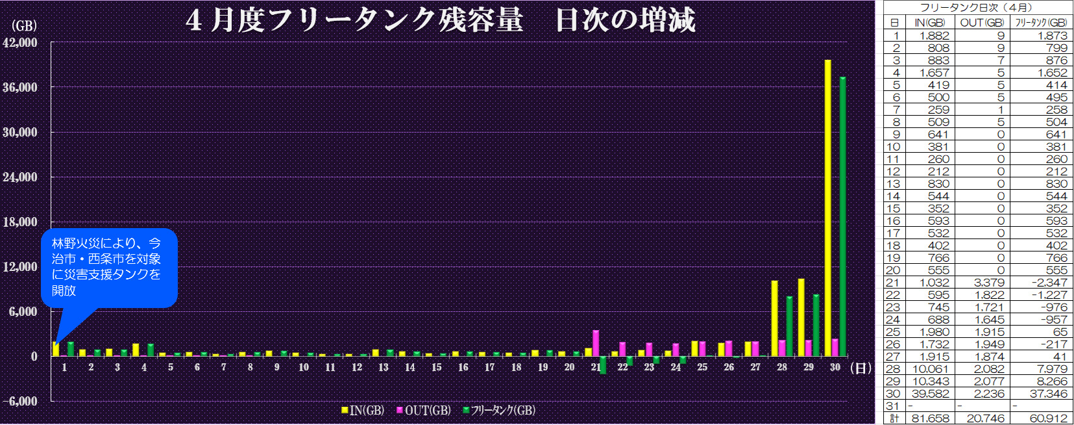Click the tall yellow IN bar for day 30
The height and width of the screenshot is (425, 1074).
[828, 208]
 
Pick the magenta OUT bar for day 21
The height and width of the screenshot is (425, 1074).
[596, 343]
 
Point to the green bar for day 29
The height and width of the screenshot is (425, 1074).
[816, 325]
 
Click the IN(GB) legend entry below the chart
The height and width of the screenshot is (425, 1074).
[363, 411]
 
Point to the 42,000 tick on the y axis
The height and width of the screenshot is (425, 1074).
[20, 43]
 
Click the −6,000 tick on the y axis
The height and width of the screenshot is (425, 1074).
[20, 402]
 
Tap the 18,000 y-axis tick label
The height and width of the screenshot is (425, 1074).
[20, 222]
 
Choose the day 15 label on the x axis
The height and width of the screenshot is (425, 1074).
[437, 368]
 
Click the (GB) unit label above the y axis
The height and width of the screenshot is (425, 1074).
[24, 26]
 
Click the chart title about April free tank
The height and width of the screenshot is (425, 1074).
[440, 19]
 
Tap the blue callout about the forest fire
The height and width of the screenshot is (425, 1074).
[109, 267]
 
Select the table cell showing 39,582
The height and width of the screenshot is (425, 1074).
[931, 394]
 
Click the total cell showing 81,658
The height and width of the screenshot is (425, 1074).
[931, 419]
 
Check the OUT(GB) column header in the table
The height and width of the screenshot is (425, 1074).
[982, 23]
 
